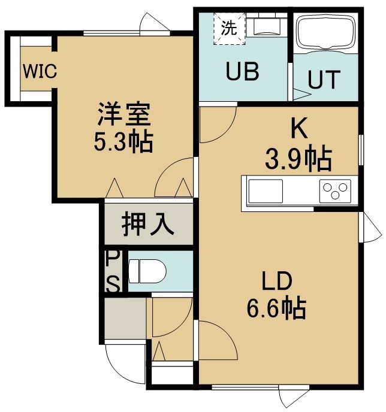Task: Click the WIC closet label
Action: (x=40, y=71)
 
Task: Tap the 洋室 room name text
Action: (x=124, y=114)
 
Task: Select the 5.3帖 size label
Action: (x=123, y=142)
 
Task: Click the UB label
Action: (x=242, y=71)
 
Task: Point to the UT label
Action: (x=324, y=79)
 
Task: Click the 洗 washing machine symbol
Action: (x=230, y=28)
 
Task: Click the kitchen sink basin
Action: (x=266, y=191)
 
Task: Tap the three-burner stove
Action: (x=335, y=191)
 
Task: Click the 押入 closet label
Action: (x=148, y=224)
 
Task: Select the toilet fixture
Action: (x=147, y=271)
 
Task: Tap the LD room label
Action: (x=277, y=281)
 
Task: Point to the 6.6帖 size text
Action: (x=277, y=308)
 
